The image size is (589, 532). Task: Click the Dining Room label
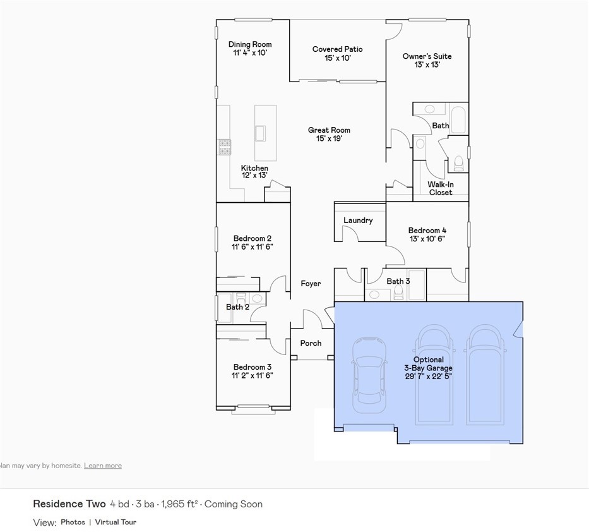point(250,44)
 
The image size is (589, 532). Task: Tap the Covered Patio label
point(337,49)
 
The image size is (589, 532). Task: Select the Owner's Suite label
point(427,56)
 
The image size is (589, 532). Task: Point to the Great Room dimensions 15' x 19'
point(329,138)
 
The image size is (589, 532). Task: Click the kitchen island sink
point(259,133)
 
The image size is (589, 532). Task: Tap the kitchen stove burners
point(225,147)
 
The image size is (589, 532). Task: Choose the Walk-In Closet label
point(441,188)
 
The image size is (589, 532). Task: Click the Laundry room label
point(358,221)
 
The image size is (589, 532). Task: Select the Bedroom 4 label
point(427,231)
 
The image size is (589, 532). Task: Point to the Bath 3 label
point(398,281)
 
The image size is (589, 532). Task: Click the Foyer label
point(311,284)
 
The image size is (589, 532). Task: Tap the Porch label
point(311,343)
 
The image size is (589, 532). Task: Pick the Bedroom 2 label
point(252,238)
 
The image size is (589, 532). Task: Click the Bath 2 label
point(237,307)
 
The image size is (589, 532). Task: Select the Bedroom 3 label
point(252,367)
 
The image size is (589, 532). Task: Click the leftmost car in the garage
point(369,374)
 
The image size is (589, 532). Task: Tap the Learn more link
point(103,466)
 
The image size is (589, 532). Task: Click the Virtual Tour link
point(116,522)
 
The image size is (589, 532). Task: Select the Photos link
point(73,522)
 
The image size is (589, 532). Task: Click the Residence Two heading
point(69,504)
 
